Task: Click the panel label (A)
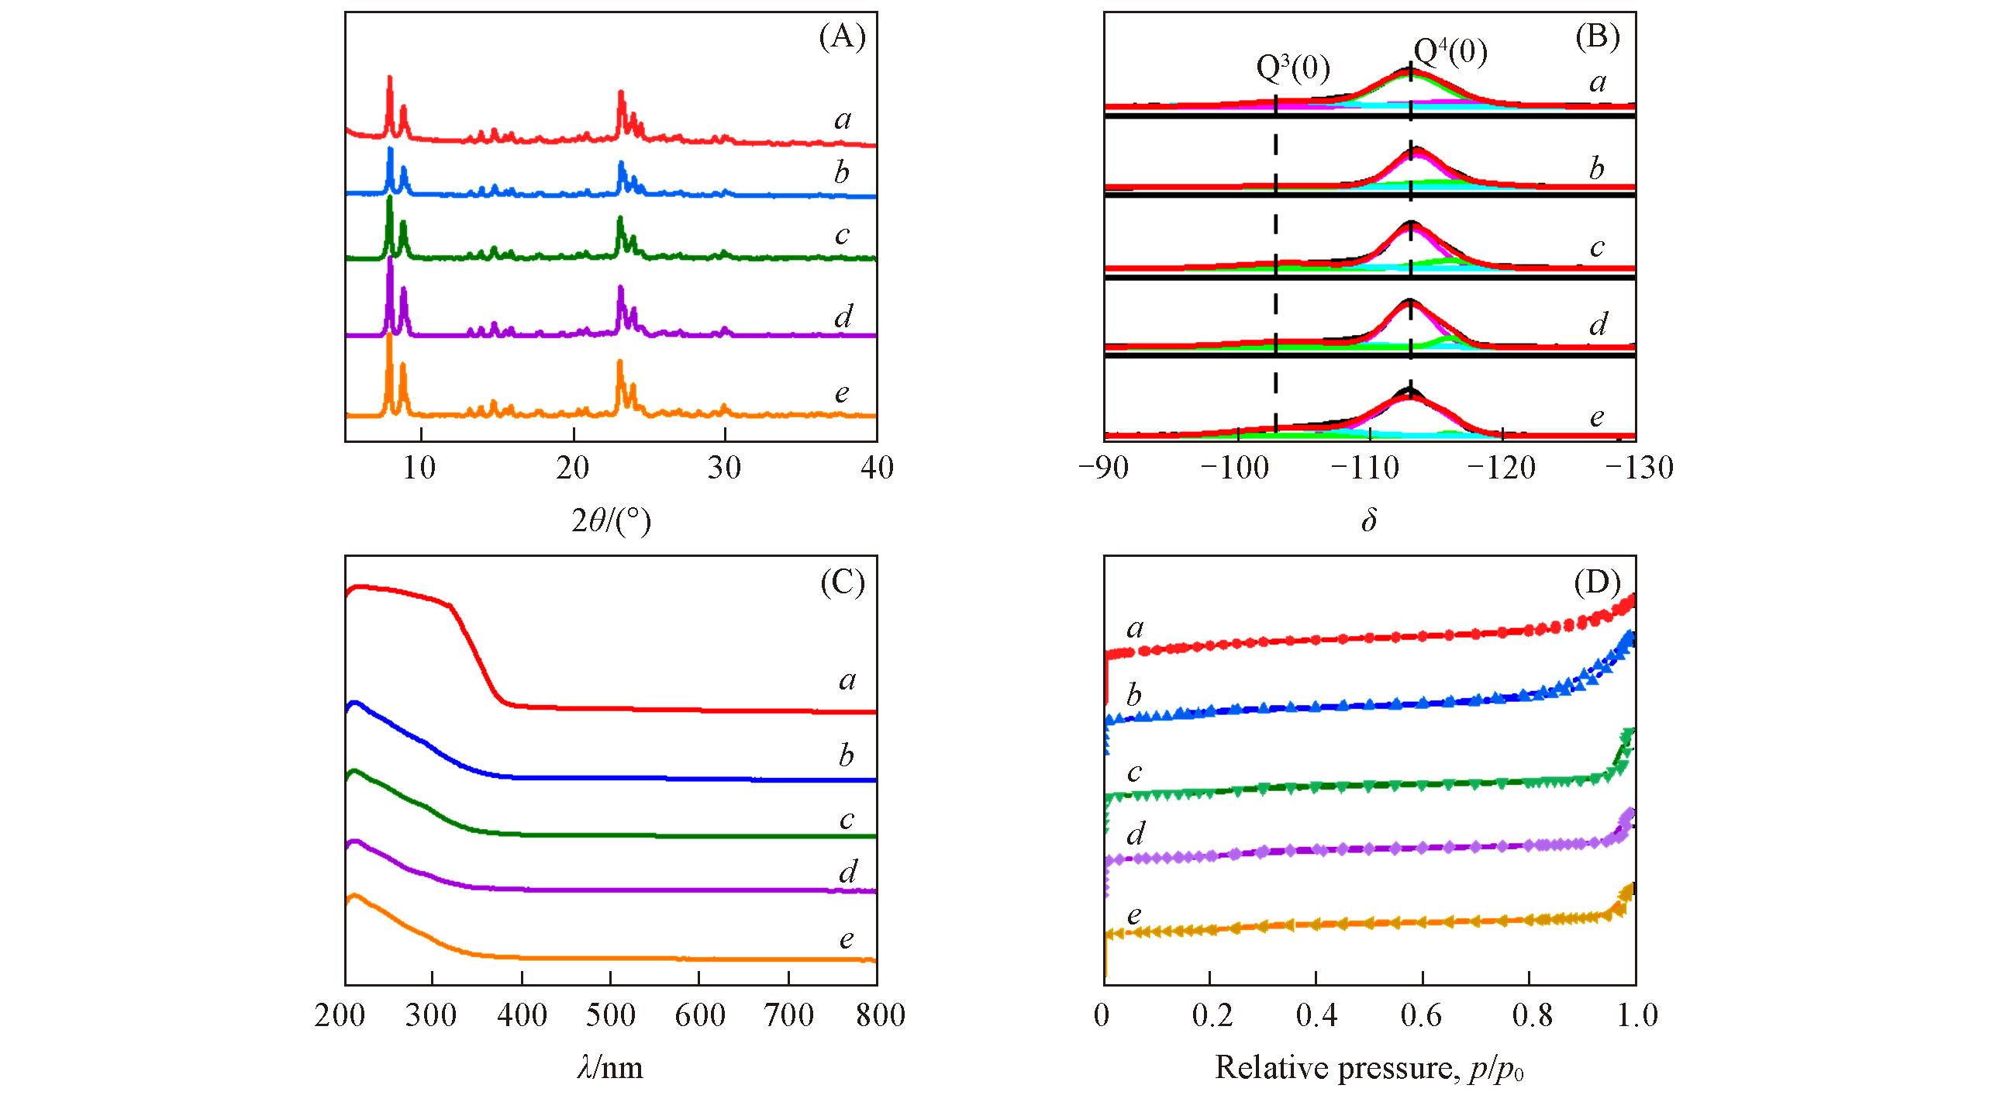point(842,36)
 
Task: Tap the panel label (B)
point(1597,36)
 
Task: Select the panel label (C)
point(843,582)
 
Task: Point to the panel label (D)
point(1597,582)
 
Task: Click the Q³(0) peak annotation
point(1292,69)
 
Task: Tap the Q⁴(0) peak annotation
point(1450,53)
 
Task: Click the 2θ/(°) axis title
point(611,521)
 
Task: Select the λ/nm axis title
point(610,1068)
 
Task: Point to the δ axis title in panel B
point(1368,520)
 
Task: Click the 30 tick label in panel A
point(724,468)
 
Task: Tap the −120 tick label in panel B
point(1503,468)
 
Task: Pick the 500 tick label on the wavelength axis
point(611,1014)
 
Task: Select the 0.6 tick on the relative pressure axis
point(1421,1014)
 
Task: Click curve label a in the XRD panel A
point(843,119)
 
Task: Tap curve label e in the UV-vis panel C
point(847,939)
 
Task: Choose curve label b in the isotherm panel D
point(1134,695)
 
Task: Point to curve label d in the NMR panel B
point(1598,324)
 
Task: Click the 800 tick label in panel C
point(881,1014)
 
